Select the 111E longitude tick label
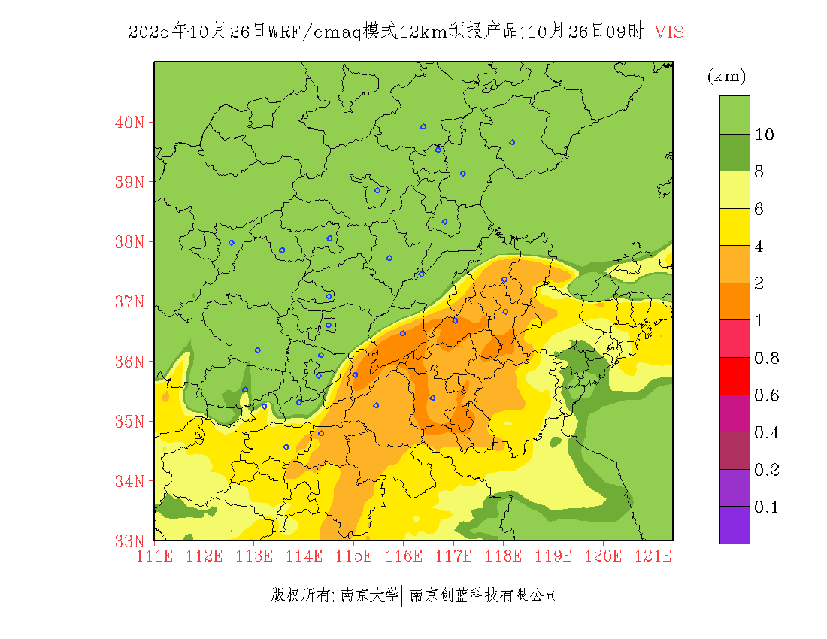point(155,556)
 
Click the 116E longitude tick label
point(404,556)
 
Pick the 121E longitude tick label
point(653,556)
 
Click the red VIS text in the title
point(669,32)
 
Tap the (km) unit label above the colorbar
point(726,76)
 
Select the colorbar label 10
point(765,135)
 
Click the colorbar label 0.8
point(767,358)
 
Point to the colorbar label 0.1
point(767,507)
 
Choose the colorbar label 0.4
point(767,433)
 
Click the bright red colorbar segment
point(735,377)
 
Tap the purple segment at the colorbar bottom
point(735,525)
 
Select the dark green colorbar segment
point(735,153)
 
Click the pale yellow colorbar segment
point(735,190)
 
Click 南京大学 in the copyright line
point(369,595)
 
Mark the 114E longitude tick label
point(304,556)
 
